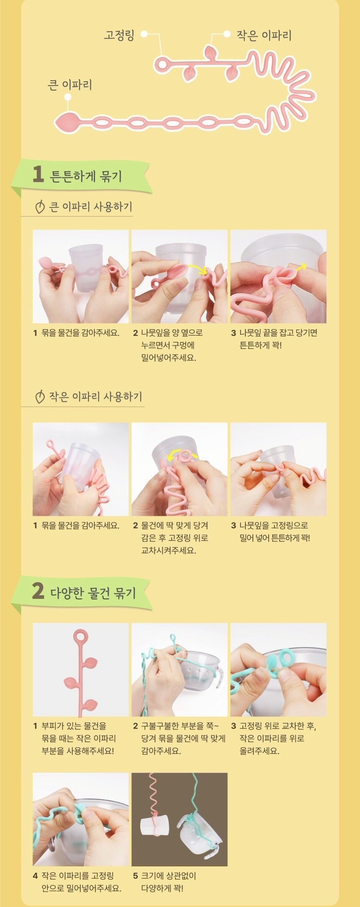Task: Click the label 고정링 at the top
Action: click(x=119, y=35)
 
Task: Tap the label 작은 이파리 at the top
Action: click(x=264, y=35)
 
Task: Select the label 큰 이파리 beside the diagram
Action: click(x=70, y=84)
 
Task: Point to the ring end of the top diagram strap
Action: click(x=162, y=64)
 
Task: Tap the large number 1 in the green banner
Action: click(x=38, y=175)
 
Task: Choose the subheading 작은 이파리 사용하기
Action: click(x=96, y=397)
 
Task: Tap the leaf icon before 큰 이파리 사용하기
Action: click(x=40, y=207)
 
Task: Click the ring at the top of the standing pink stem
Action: click(x=81, y=636)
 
